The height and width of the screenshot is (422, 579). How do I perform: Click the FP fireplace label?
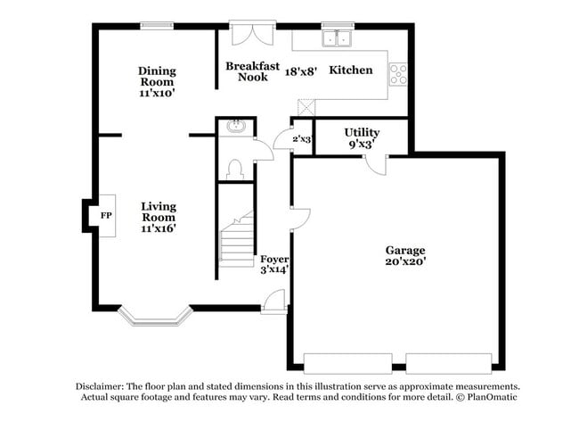106,215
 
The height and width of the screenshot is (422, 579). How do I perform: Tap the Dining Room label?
157,76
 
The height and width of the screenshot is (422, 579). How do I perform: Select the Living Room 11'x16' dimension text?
158,228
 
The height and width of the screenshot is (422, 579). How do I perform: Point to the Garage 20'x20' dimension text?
406,261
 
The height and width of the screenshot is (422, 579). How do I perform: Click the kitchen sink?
337,38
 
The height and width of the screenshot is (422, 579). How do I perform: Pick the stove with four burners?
398,74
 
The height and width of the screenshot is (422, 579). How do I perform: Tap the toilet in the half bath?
235,170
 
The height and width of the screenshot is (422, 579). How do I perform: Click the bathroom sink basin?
235,127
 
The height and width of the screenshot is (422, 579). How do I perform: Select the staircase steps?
237,239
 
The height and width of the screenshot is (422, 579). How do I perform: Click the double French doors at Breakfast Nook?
253,33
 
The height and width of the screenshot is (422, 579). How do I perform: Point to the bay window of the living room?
156,317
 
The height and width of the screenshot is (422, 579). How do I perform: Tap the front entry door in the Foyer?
274,302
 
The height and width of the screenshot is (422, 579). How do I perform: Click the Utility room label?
362,132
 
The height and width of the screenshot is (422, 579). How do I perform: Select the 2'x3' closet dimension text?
302,139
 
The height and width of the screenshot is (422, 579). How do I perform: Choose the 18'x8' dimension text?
301,71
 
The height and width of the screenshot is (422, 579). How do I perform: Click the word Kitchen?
351,70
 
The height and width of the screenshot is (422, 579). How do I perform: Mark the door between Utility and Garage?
375,164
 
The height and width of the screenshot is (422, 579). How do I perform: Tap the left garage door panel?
347,364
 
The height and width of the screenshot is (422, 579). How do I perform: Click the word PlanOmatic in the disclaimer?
492,397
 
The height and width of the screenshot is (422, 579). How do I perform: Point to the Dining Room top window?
157,26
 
